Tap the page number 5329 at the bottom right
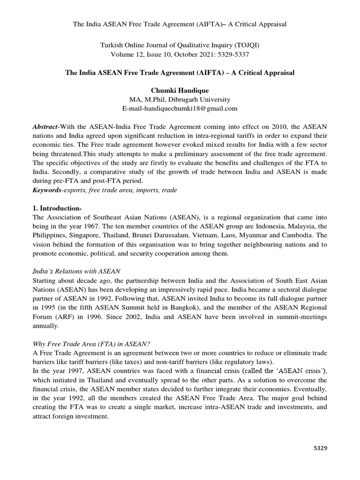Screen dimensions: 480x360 pyautogui.click(x=320, y=448)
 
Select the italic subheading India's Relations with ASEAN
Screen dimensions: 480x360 pyautogui.click(x=76, y=271)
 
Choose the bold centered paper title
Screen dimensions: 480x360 pyautogui.click(x=180, y=74)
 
